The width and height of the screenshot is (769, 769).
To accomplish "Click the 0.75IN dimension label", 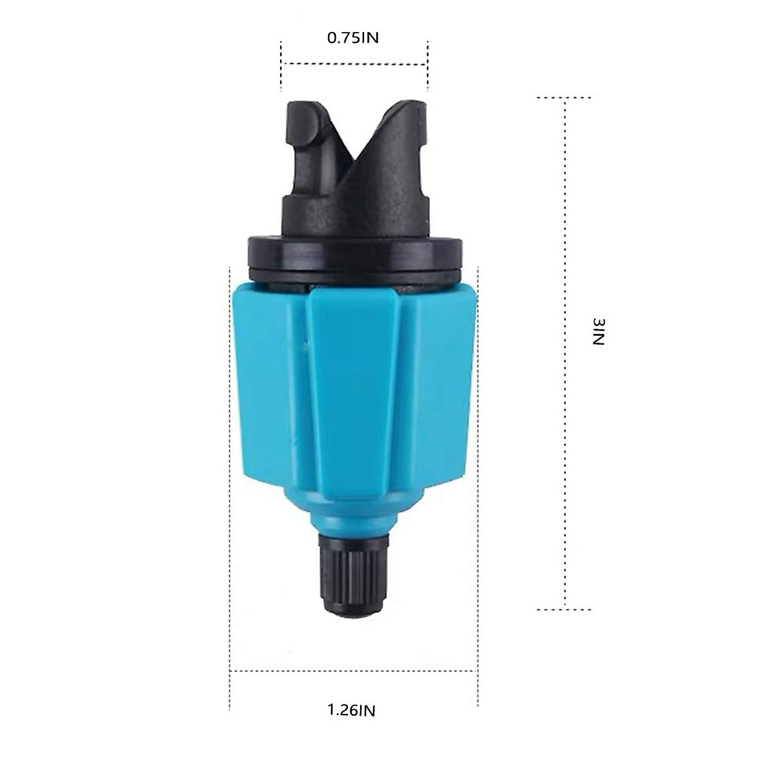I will (353, 38).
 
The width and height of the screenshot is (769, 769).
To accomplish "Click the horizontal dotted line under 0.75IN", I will (354, 64).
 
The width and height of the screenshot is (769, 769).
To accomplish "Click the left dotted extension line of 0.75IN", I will (281, 65).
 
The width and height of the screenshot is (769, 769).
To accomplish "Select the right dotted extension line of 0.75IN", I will (427, 65).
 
